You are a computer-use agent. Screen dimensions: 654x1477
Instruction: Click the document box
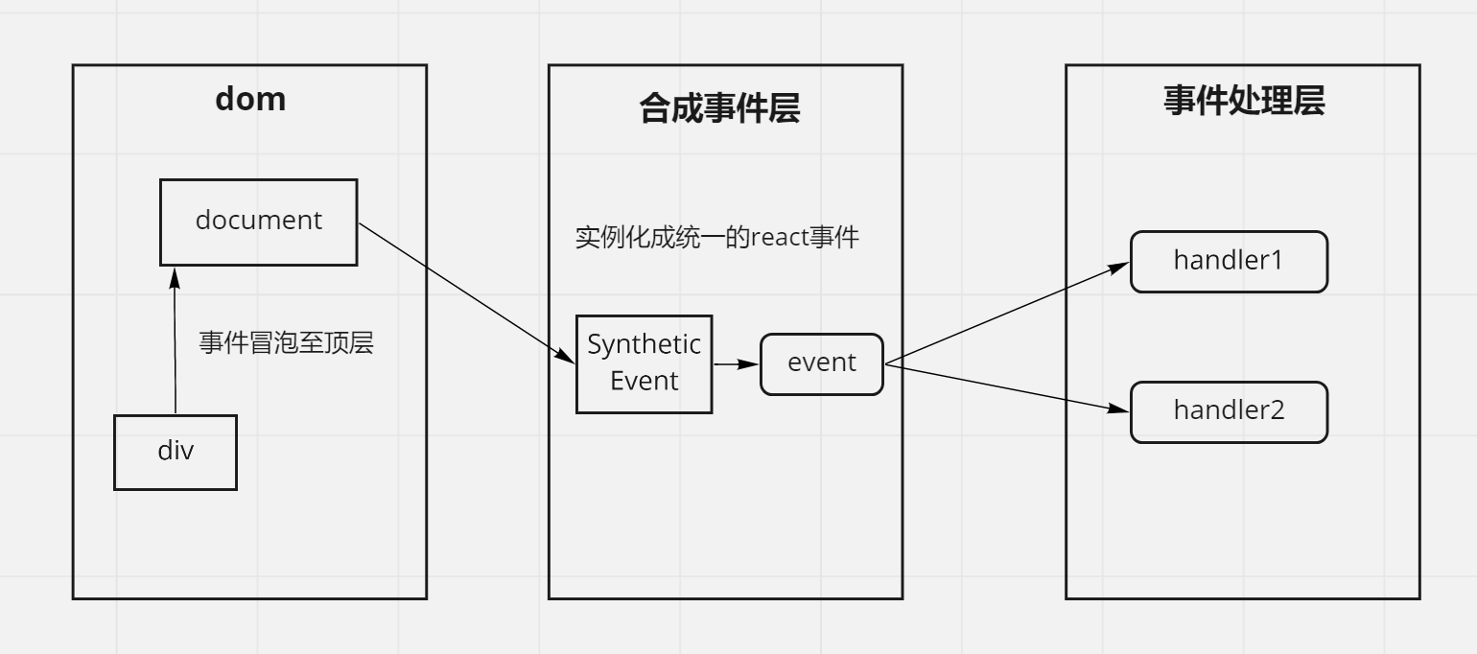pos(258,222)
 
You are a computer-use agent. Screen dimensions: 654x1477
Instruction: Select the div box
pos(176,452)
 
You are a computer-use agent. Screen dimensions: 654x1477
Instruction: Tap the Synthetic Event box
pos(644,364)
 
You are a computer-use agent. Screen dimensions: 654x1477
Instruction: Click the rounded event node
pos(821,363)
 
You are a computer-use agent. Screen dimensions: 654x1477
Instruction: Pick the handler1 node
pos(1229,261)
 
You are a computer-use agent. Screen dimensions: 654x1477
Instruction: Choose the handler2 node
pos(1229,411)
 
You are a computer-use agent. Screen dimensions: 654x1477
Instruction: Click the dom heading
pos(250,99)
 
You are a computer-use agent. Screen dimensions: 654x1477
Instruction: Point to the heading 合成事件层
pos(719,109)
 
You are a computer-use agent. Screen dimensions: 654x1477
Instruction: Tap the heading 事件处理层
pos(1244,101)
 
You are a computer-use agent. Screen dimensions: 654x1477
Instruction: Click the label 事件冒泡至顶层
pos(286,342)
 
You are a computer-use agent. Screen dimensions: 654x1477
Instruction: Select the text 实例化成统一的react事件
pos(716,237)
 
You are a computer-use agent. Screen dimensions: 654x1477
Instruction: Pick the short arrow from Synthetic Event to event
pos(735,364)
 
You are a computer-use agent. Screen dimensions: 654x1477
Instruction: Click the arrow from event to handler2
pos(1007,386)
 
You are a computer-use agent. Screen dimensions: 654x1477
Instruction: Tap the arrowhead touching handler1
pos(1120,267)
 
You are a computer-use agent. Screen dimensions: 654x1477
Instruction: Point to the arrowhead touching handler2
pos(1119,409)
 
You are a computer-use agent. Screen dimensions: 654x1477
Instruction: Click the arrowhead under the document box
pos(174,276)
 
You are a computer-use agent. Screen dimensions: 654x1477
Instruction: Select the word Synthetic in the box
pos(644,344)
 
